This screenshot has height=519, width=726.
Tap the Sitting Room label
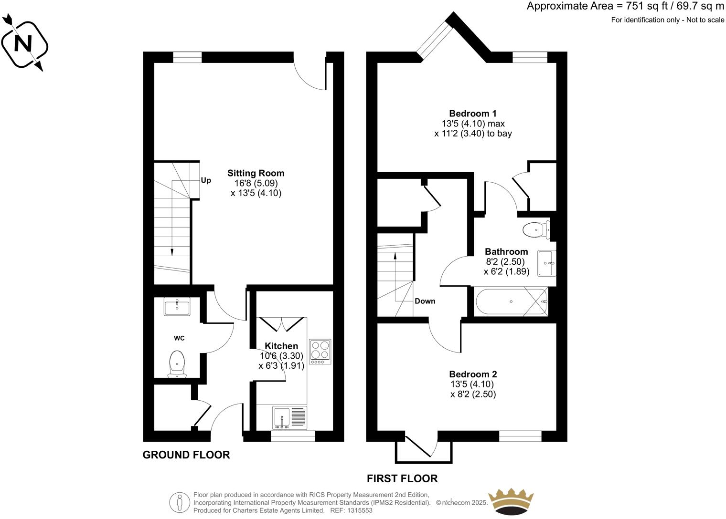click(256, 173)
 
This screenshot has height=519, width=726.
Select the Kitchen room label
click(281, 346)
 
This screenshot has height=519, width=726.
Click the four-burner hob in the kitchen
click(320, 352)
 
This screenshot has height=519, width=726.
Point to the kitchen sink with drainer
click(289, 417)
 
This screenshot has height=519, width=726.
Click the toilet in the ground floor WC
click(177, 363)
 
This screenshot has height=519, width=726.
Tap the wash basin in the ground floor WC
click(177, 306)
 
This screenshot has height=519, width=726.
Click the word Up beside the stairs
click(206, 180)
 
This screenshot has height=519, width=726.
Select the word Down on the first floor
click(425, 301)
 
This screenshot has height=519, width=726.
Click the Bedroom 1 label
click(473, 114)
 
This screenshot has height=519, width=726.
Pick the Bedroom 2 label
click(473, 374)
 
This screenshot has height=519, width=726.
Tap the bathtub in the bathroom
click(511, 301)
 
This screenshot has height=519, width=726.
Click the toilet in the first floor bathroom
click(536, 230)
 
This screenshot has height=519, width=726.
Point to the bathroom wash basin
click(546, 263)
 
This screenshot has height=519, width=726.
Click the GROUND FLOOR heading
click(186, 455)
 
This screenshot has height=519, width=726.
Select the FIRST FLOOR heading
click(402, 478)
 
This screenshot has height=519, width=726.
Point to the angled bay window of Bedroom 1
click(434, 38)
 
